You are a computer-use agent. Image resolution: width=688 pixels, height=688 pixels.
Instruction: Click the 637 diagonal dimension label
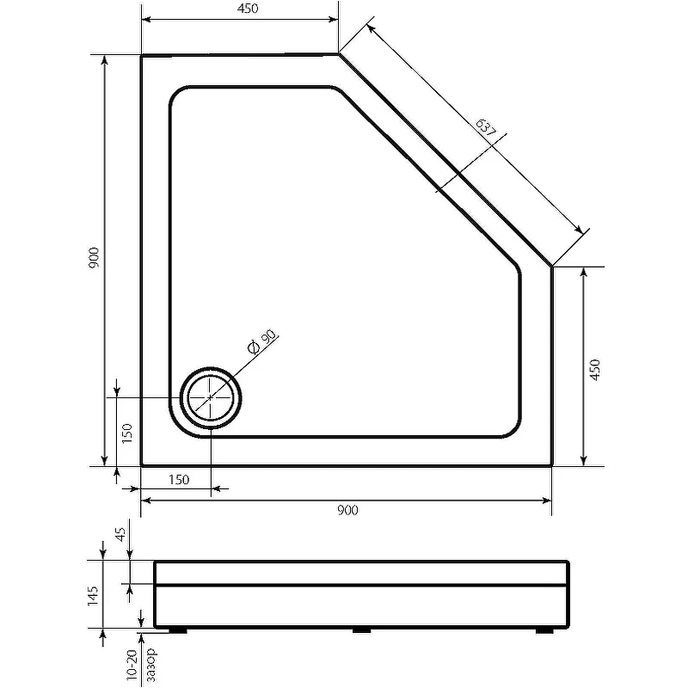point(486,128)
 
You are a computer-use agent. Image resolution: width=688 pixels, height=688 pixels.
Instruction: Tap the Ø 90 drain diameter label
point(262,341)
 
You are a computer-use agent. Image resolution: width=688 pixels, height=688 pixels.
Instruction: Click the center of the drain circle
point(211,397)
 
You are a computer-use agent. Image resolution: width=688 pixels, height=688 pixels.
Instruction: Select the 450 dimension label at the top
point(248,9)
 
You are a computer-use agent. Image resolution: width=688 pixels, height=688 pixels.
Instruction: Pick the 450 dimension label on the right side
point(594,370)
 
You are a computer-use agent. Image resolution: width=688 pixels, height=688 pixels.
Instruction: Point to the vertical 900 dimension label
point(94,258)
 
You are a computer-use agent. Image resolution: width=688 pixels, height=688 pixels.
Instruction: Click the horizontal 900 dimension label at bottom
point(347,510)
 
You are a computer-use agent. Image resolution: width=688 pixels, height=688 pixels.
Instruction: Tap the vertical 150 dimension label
point(126,433)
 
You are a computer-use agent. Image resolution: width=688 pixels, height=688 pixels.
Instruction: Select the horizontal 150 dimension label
point(179,480)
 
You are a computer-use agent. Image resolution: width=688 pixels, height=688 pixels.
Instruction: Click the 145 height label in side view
point(93,595)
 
